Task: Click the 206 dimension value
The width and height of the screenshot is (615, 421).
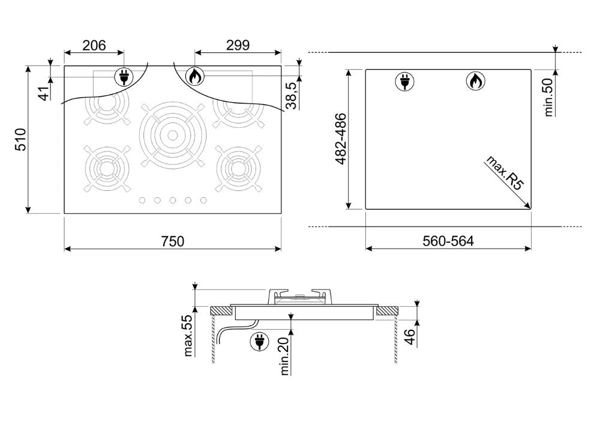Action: click(x=94, y=46)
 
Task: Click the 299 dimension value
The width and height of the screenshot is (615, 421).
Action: click(x=238, y=46)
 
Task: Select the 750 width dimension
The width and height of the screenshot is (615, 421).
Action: click(x=173, y=241)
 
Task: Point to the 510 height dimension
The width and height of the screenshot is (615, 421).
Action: click(x=20, y=139)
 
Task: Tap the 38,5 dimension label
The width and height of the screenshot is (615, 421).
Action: click(x=291, y=95)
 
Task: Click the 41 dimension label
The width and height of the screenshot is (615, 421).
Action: click(x=45, y=94)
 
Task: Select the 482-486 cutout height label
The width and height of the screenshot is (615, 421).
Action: click(x=341, y=139)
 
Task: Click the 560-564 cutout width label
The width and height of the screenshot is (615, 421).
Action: click(x=448, y=241)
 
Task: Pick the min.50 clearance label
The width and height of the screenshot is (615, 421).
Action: click(x=548, y=97)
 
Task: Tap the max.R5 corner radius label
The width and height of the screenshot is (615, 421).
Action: click(x=505, y=173)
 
